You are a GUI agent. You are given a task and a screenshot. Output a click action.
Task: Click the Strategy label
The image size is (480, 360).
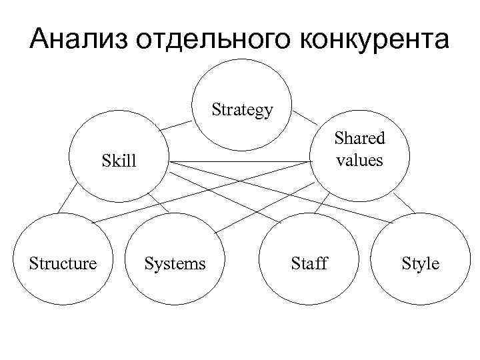coord(243,109)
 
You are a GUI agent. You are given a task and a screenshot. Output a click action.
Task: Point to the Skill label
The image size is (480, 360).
coord(119,161)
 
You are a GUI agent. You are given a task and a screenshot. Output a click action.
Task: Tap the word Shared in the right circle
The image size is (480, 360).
coord(360,139)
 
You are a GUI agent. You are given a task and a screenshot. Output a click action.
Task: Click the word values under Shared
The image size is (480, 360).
coord(360,160)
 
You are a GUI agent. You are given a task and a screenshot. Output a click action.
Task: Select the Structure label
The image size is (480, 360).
coord(63,263)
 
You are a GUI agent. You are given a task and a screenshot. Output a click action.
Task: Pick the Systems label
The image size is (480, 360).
coord(175,263)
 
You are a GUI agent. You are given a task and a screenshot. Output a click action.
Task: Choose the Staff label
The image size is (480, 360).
coord(309,263)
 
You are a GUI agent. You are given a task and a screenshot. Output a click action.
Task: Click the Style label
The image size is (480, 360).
coord(420,263)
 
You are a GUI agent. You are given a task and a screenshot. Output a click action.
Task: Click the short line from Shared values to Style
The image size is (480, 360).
coord(401,203)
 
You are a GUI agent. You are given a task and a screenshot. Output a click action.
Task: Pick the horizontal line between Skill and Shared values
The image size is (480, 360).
coord(240,161)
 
